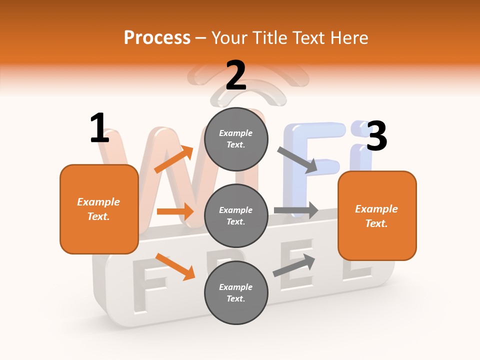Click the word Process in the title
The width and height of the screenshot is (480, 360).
pos(157,37)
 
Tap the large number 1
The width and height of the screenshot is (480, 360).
pos(99,128)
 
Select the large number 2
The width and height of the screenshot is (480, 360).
pos(236,75)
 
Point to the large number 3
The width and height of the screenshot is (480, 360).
pos(376,136)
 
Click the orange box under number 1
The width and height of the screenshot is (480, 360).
pos(99,209)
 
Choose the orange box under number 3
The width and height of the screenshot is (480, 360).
pos(377,216)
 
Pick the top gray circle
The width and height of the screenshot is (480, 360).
pos(236,139)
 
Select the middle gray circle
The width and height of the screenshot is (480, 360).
pos(236,215)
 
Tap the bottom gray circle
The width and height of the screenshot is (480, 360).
pos(236,292)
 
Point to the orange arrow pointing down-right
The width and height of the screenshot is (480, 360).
pos(175,266)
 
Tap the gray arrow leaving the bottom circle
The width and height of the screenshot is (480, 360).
pos(294,265)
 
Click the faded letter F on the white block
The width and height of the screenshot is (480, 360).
pos(148,290)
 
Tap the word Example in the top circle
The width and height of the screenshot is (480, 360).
pos(236,133)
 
